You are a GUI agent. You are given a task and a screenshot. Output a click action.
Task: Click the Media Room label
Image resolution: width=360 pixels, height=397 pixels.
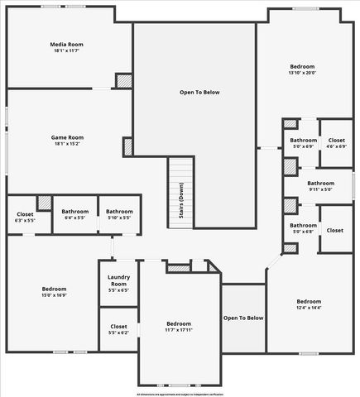(66, 44)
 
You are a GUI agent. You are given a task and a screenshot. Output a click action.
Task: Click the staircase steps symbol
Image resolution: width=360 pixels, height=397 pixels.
(180, 192)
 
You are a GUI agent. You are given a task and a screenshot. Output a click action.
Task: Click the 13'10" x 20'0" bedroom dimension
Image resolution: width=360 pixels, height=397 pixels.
(302, 72)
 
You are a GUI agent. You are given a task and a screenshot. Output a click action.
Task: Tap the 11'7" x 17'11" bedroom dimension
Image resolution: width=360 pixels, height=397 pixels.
(179, 329)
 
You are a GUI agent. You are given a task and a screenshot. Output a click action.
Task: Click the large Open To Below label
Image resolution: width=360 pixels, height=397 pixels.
(199, 92)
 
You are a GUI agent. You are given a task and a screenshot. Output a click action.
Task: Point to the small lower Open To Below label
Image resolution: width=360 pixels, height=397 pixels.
(243, 318)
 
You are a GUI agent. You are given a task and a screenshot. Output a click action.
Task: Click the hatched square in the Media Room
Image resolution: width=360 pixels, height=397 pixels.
(123, 81)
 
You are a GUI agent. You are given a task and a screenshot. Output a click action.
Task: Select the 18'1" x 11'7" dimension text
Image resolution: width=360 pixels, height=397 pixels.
(66, 51)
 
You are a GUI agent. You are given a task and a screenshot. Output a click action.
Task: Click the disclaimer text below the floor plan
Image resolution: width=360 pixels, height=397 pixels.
(180, 394)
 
